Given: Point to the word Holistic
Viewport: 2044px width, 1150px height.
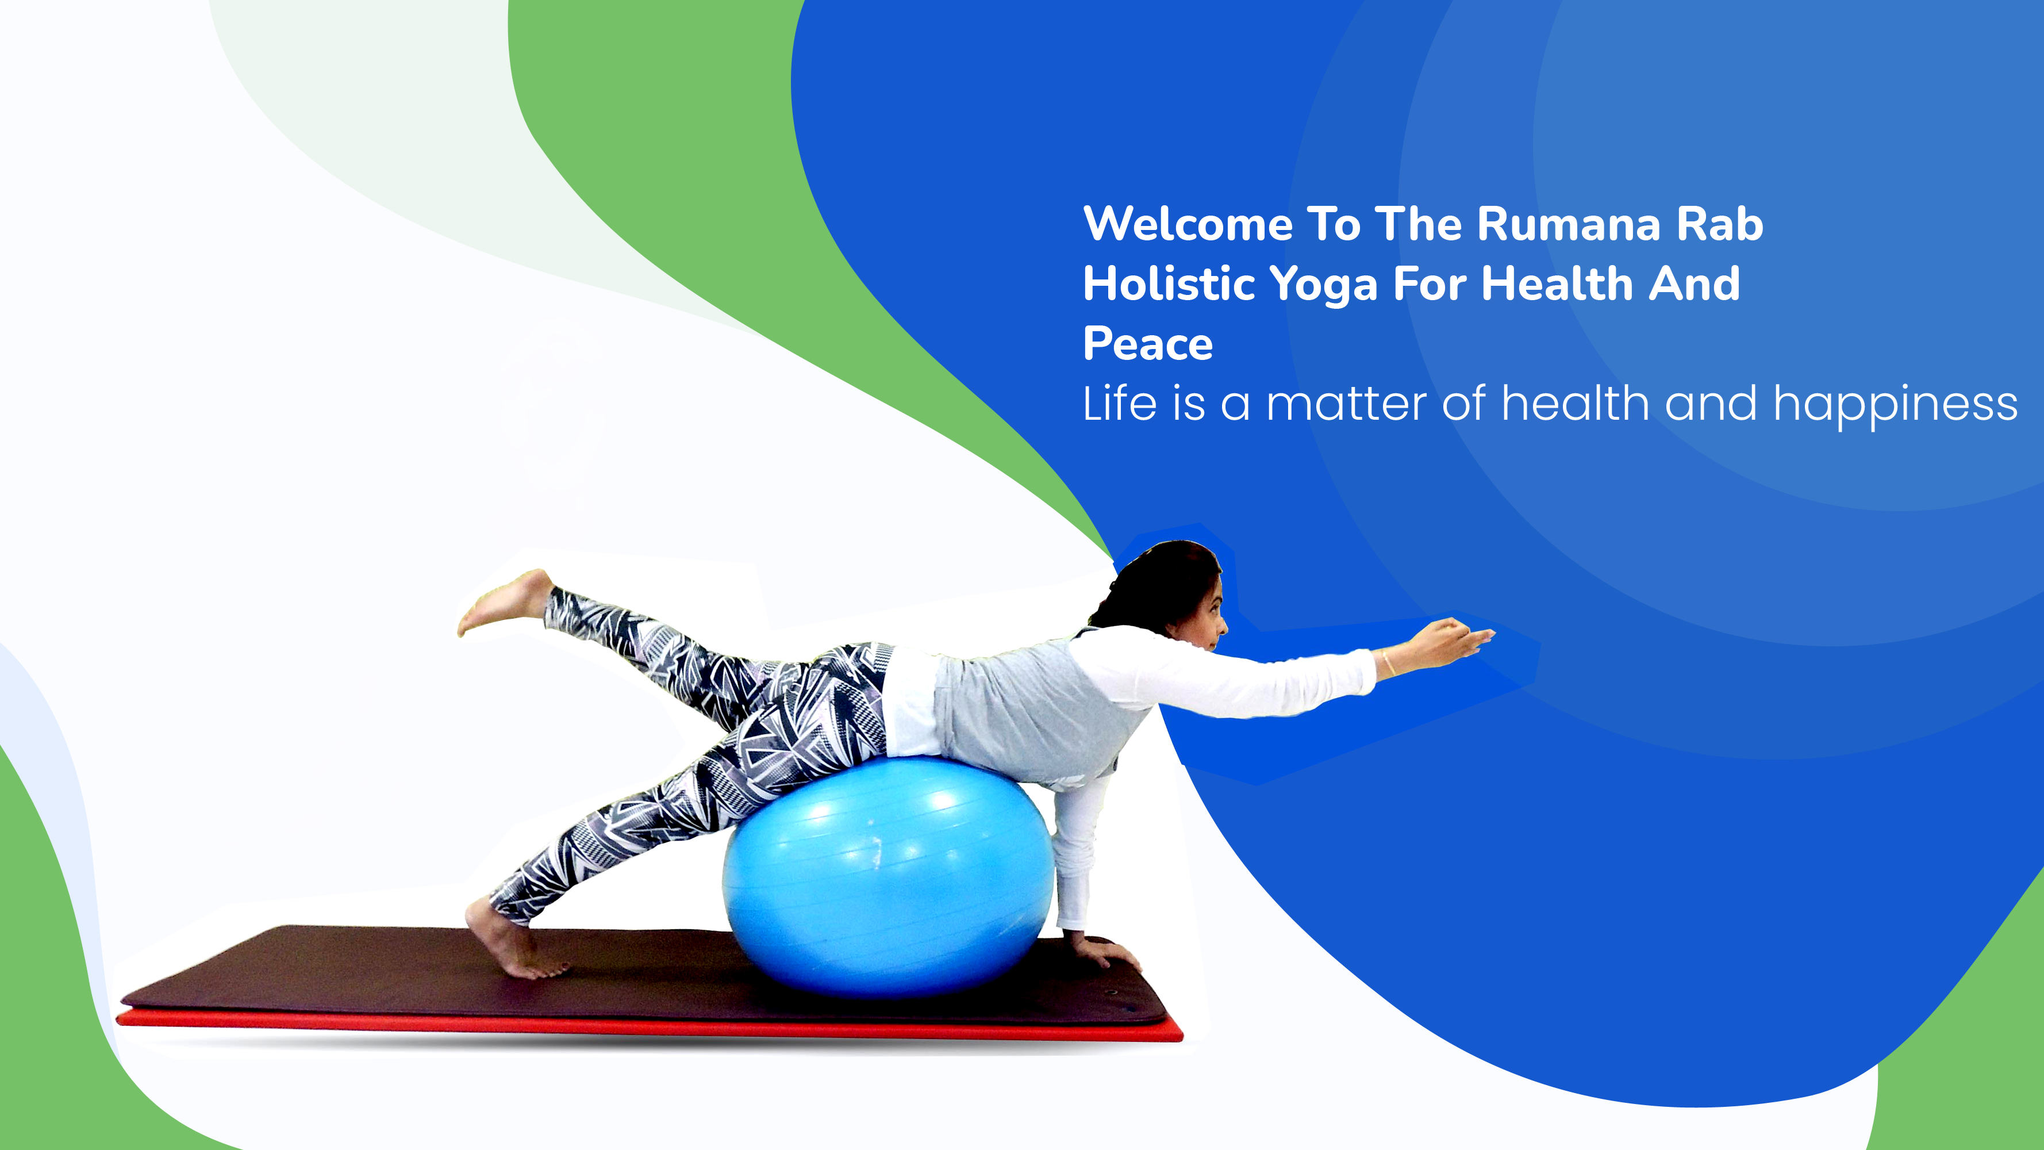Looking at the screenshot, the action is pos(1169,283).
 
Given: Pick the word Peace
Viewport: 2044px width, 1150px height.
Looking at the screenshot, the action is pos(1148,344).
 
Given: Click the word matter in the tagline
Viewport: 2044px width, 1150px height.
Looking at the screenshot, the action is pos(1347,405).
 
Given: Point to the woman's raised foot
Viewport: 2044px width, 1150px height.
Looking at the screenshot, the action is pos(505,603).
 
